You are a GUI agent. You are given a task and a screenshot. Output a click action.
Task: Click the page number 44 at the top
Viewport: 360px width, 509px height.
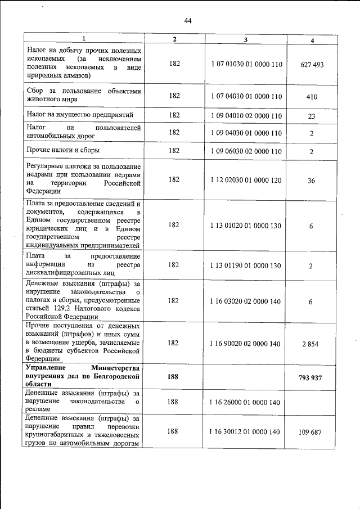[188, 21]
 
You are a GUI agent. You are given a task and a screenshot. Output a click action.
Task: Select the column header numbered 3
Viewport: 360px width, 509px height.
[246, 39]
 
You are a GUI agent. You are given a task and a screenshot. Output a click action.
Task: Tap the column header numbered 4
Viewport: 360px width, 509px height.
[312, 40]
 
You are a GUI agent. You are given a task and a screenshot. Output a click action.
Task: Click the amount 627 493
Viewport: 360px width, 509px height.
[312, 65]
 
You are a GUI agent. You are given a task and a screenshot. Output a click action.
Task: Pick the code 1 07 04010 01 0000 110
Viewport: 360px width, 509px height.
[246, 96]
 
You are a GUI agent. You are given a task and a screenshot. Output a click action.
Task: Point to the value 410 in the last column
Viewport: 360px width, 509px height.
[312, 97]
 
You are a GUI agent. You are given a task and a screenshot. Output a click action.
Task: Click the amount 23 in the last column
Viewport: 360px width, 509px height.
[312, 115]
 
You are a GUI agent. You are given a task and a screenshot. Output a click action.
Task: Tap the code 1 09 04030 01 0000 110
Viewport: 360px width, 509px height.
[246, 133]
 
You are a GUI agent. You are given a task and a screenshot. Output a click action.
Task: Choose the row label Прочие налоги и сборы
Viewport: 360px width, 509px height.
[61, 150]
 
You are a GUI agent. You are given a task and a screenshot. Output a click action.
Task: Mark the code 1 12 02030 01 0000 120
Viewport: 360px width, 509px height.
[246, 180]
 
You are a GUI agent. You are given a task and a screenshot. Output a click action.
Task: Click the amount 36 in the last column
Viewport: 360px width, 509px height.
[312, 181]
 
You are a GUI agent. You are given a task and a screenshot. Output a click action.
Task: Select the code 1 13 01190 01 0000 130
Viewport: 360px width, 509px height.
[246, 265]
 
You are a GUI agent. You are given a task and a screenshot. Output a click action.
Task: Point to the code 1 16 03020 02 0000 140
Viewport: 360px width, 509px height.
[246, 301]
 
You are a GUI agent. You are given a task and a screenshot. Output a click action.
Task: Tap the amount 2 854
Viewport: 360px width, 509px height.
[310, 344]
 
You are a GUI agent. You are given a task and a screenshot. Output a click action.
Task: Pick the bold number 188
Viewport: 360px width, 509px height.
[174, 377]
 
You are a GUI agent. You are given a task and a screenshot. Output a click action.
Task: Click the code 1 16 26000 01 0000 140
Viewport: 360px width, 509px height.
[246, 402]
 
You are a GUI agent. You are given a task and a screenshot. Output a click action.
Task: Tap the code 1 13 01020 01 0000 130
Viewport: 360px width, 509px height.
[246, 225]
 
